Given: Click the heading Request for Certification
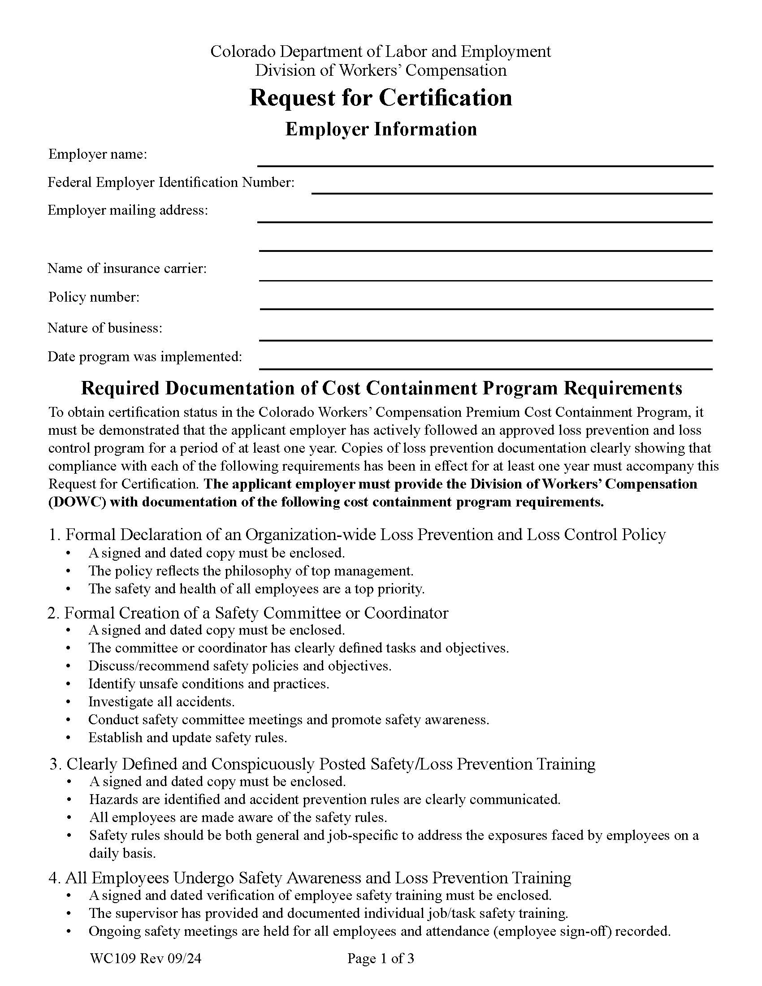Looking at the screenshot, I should click(x=381, y=98).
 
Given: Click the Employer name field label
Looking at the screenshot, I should click(x=98, y=155).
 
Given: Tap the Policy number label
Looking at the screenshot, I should click(x=94, y=297).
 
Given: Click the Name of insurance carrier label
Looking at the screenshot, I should click(x=127, y=268).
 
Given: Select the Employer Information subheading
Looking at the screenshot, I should click(x=381, y=129).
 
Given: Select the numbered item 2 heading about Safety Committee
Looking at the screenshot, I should click(x=248, y=613).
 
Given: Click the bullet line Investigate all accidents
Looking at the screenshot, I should click(x=161, y=701).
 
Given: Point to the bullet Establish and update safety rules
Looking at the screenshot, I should click(x=187, y=738).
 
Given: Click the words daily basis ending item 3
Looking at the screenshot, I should click(x=122, y=853).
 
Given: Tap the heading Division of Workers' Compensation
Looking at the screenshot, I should click(x=381, y=70).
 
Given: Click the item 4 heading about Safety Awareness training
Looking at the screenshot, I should click(x=310, y=878).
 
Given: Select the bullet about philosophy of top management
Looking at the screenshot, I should click(x=251, y=571).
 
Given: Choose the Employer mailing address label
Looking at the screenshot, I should click(x=128, y=210).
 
